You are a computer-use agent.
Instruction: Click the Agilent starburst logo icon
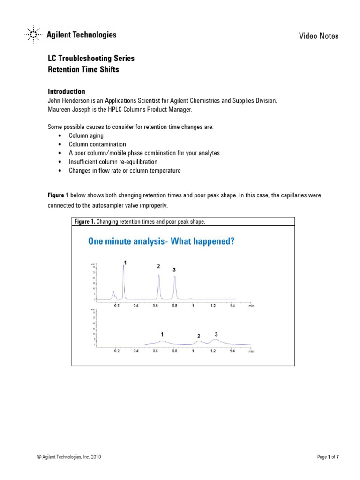coord(32,35)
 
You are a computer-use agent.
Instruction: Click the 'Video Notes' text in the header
coord(319,36)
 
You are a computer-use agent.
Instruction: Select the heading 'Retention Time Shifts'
coord(83,70)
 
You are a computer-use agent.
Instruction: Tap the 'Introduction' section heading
coord(67,91)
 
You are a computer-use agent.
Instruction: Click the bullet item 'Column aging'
coord(86,135)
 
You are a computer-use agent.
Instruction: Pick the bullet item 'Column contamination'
coord(97,144)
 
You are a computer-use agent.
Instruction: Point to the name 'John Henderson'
coord(68,101)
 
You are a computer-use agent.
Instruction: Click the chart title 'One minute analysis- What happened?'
coord(161,241)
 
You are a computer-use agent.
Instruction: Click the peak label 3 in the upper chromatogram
coord(174,270)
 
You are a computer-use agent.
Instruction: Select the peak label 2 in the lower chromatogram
coord(199,336)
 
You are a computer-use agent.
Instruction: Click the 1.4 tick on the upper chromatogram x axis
coord(232,306)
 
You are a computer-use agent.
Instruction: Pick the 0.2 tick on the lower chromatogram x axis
coord(117,351)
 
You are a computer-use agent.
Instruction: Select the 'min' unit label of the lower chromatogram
coord(251,351)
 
